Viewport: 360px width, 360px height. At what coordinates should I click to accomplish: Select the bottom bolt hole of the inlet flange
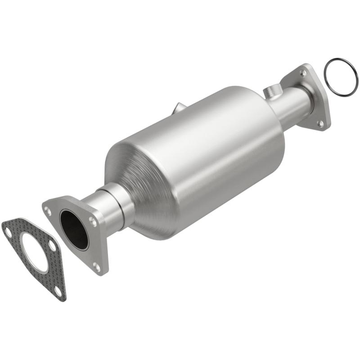[96, 267]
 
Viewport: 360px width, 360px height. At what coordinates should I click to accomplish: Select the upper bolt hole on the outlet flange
[303, 72]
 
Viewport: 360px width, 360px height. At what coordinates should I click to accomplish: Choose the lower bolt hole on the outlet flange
[321, 122]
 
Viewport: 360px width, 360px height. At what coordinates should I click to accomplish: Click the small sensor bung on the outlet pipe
[271, 92]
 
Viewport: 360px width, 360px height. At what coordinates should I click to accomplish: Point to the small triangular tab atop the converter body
[178, 108]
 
